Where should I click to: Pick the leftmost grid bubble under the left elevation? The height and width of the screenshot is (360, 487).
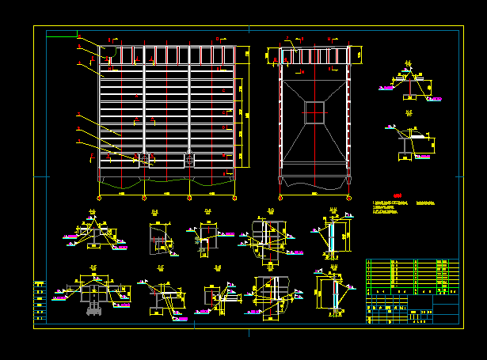[x=99, y=196]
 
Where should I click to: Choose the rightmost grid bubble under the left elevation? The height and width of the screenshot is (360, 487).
[x=234, y=196]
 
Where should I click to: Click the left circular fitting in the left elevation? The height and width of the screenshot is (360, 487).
[x=145, y=161]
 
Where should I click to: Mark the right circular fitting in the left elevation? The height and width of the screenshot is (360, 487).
[x=190, y=161]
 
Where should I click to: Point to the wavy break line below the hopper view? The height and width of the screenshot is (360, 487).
[x=314, y=187]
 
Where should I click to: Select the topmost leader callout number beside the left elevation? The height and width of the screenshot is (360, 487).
[x=79, y=36]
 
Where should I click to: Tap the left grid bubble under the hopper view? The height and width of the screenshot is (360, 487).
[x=280, y=196]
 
